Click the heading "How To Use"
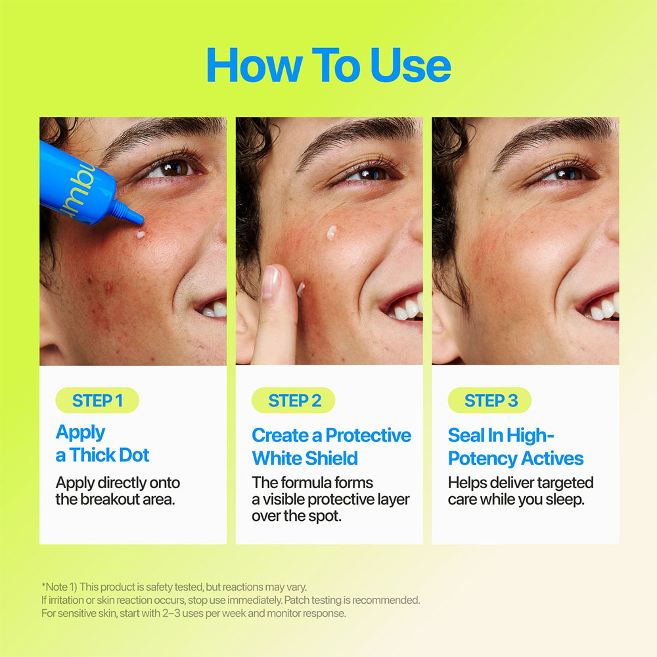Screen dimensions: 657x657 328,65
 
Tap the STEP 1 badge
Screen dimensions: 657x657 97,401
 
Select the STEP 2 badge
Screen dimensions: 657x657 293,401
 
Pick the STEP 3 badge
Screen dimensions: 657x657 489,401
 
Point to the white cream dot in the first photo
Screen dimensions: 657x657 141,235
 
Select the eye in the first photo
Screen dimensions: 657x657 174,168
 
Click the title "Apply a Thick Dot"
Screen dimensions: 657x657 102,443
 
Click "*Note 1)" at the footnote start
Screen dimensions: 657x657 60,587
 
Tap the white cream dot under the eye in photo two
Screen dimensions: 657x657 331,233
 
